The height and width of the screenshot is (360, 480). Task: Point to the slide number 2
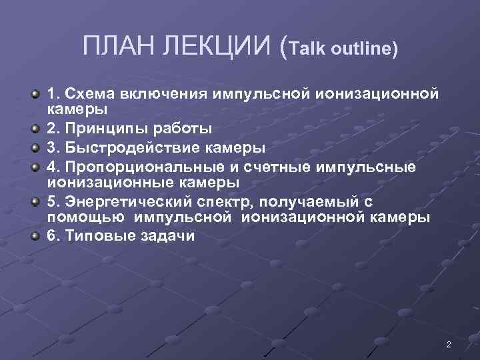pyautogui.click(x=449, y=345)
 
